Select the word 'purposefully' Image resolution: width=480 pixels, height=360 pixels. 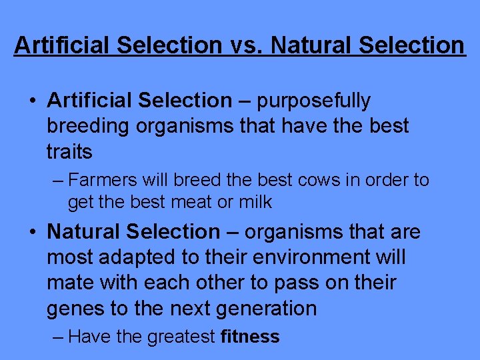[x=313, y=101]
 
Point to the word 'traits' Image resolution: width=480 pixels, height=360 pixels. [x=69, y=152]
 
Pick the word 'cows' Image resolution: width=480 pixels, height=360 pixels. [x=311, y=181]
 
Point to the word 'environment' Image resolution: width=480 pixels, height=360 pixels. [x=317, y=257]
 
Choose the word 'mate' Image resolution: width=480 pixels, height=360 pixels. [x=69, y=283]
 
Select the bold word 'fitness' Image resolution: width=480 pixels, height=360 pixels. [x=250, y=337]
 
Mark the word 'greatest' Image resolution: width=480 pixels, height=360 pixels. [x=181, y=337]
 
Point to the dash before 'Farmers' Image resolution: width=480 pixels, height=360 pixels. [x=57, y=181]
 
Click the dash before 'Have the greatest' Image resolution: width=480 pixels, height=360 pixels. [x=57, y=337]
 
